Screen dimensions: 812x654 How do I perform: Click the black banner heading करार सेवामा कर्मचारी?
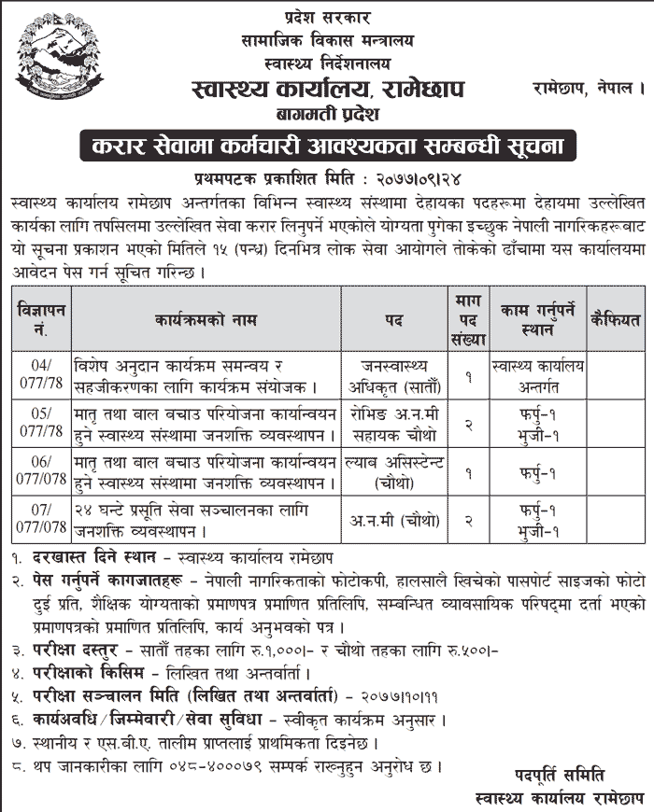(328, 147)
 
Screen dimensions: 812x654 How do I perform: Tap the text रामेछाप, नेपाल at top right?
(589, 90)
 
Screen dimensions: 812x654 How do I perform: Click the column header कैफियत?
(613, 319)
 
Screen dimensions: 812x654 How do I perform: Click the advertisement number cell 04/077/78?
(42, 373)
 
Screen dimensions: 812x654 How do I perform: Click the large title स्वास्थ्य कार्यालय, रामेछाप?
(326, 91)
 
